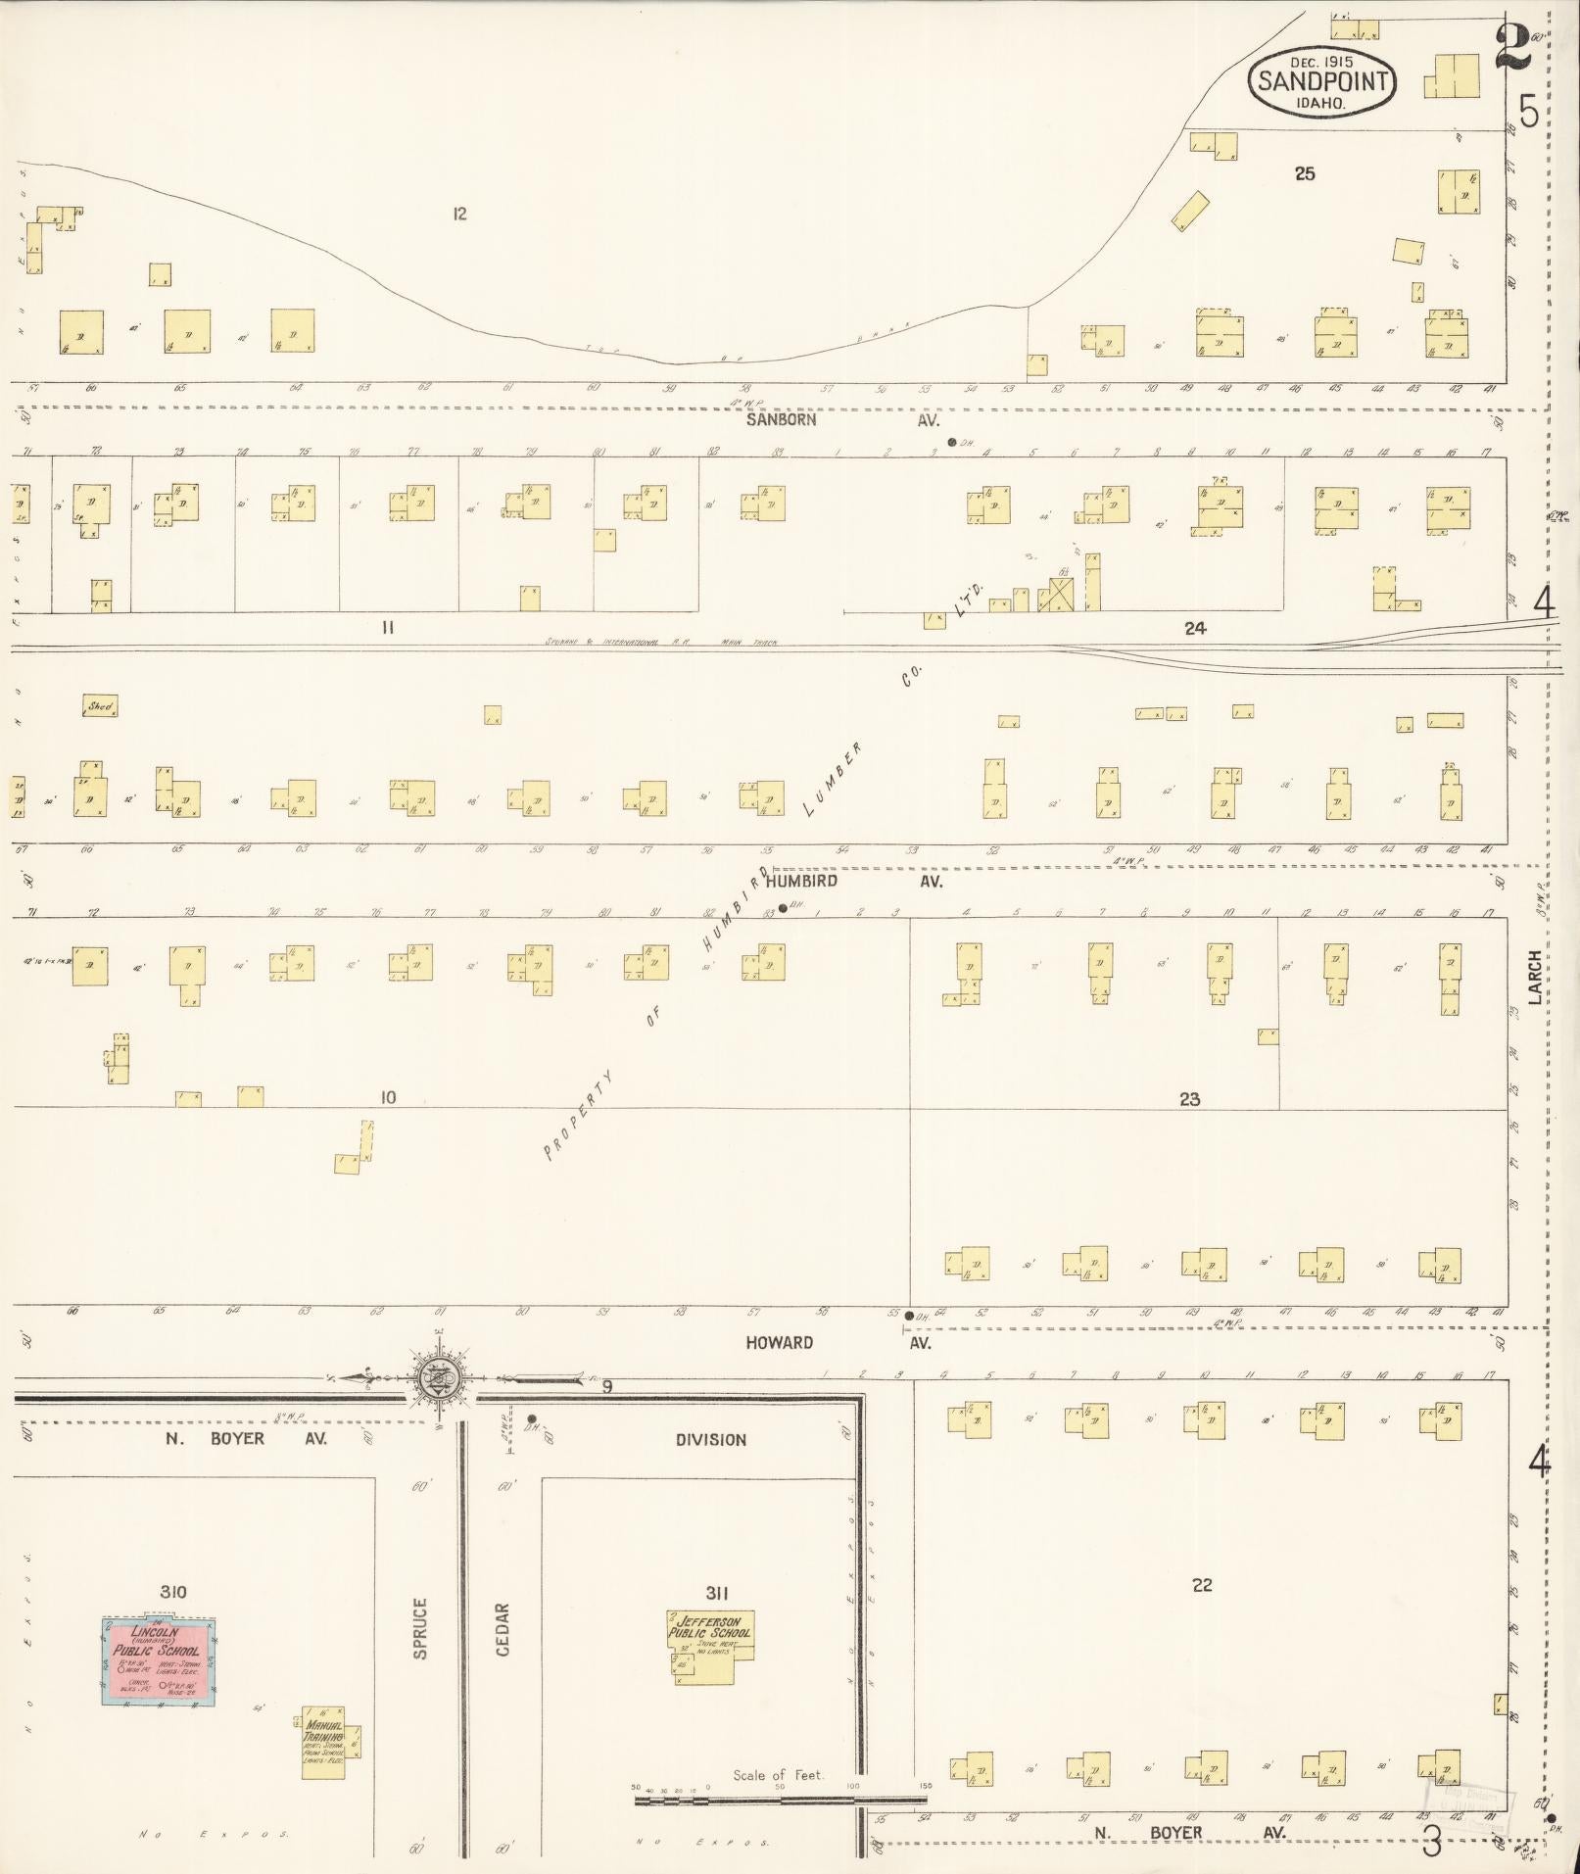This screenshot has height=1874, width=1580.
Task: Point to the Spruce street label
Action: click(420, 1628)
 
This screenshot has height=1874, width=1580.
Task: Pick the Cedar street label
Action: click(503, 1629)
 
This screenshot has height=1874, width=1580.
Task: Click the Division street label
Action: click(710, 1440)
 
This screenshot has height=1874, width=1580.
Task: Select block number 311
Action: click(716, 1593)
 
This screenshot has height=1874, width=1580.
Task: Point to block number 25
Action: click(1304, 174)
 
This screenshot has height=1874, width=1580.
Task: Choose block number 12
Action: click(459, 214)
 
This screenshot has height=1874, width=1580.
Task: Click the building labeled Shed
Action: click(100, 705)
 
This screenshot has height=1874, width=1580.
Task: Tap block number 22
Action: click(1202, 1585)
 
